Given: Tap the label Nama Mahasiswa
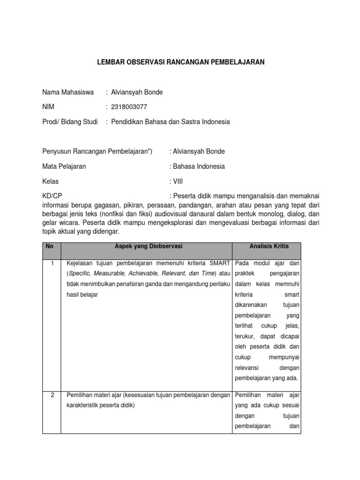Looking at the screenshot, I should [68, 92].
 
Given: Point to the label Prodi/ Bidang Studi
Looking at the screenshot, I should [70, 122].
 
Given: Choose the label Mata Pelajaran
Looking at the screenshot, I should [64, 166].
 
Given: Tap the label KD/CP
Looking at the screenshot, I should [52, 196].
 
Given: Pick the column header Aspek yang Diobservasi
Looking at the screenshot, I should [146, 246].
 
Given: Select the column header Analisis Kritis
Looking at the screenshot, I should [266, 246].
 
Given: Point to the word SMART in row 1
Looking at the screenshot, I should [218, 263].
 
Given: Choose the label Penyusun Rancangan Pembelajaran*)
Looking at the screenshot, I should [97, 151].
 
